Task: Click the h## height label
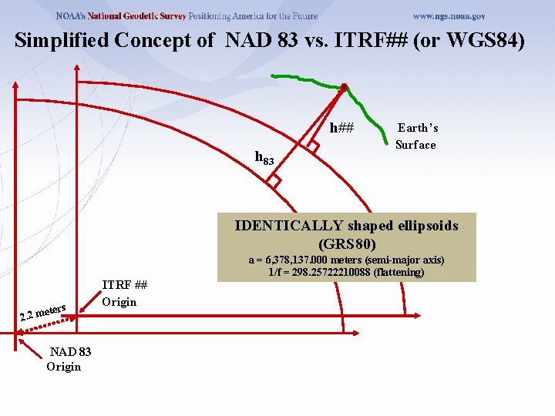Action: [x=341, y=128]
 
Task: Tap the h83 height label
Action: [x=264, y=159]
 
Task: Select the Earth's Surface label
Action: [x=416, y=136]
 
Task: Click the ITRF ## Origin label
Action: [x=125, y=293]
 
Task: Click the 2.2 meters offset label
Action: [x=42, y=312]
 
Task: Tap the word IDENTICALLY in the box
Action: [x=289, y=226]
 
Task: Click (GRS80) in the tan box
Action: [x=347, y=243]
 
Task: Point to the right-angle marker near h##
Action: [x=312, y=144]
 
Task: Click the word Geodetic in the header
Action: [x=146, y=15]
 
